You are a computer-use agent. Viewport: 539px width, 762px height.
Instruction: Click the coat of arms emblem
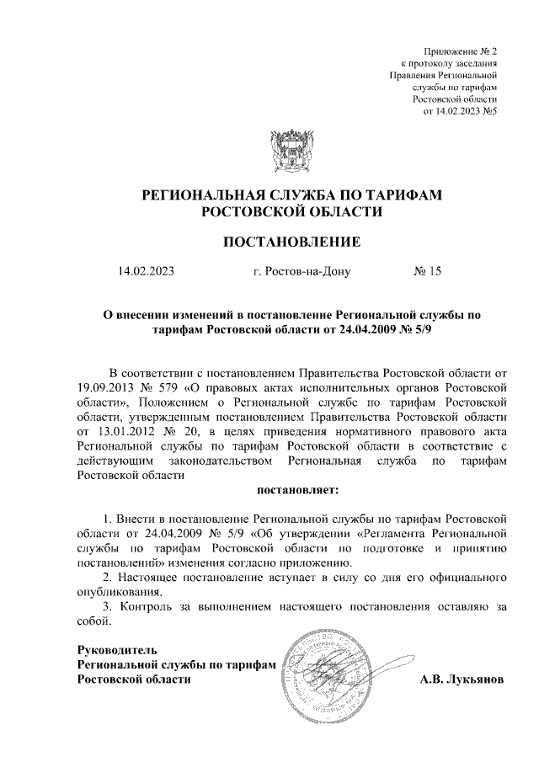291,151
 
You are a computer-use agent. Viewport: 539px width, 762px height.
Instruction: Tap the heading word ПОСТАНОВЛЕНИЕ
291,242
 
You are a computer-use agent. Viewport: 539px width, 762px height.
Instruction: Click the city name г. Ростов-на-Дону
302,271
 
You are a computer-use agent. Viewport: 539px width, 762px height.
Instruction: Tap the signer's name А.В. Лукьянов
462,679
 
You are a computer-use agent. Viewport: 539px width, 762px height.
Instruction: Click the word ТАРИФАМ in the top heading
403,195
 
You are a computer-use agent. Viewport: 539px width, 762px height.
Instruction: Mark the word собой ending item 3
93,622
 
